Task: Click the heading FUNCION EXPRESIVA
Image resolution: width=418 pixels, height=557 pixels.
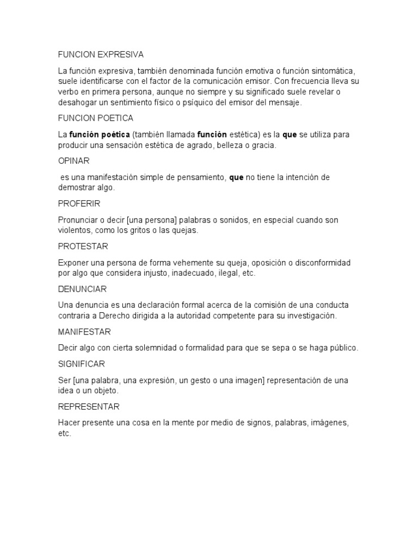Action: (x=101, y=54)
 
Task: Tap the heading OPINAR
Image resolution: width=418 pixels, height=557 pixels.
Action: (x=73, y=161)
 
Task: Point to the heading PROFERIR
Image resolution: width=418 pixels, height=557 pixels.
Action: (x=79, y=203)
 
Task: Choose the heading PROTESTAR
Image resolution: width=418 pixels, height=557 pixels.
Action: (x=83, y=246)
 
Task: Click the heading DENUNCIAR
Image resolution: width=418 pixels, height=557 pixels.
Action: (x=82, y=289)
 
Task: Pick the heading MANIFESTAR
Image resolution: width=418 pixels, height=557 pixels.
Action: (x=84, y=332)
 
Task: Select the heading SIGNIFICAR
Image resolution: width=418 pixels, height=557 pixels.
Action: (x=82, y=364)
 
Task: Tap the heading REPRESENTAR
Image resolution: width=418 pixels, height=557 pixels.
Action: (x=89, y=406)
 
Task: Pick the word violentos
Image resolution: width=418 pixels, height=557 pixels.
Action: (x=75, y=231)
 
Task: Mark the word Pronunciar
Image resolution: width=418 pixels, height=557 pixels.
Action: (x=78, y=220)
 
